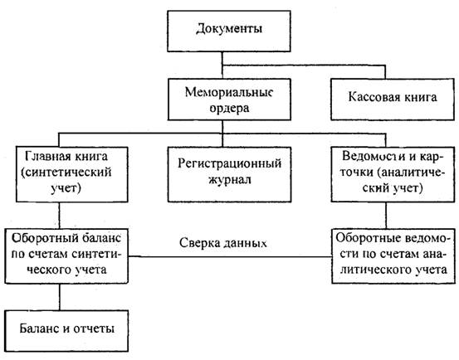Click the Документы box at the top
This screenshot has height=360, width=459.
point(229,32)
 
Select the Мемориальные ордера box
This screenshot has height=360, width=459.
point(229,100)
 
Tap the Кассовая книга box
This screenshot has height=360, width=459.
point(393,100)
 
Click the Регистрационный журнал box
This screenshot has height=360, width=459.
point(229,174)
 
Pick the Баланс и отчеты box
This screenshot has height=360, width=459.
point(66,331)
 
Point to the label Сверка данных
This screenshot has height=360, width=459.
point(223,243)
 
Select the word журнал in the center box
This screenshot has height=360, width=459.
point(230,179)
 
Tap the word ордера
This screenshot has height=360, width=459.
point(229,108)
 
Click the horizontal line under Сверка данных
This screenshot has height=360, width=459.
point(230,257)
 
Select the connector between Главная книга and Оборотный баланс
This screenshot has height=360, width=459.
point(60,215)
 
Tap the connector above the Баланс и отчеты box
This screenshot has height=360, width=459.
point(60,297)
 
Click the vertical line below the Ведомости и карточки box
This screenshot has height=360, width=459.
point(385,215)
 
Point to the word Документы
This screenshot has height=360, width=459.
point(229,29)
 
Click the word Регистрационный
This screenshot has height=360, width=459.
point(230,163)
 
